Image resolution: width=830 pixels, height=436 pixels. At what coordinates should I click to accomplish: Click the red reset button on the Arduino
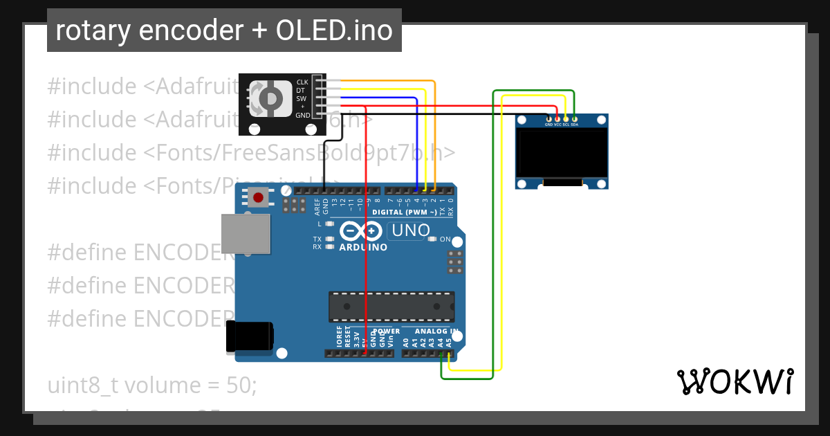pyautogui.click(x=259, y=198)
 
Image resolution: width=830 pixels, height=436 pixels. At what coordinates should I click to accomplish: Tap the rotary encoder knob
pyautogui.click(x=271, y=99)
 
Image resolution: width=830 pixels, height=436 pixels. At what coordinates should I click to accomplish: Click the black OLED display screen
pyautogui.click(x=561, y=152)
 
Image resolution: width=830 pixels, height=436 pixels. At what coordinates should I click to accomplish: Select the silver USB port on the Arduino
pyautogui.click(x=246, y=233)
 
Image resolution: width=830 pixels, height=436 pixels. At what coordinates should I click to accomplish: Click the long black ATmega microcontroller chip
pyautogui.click(x=391, y=307)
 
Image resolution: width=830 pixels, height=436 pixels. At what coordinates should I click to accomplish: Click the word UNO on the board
pyautogui.click(x=411, y=230)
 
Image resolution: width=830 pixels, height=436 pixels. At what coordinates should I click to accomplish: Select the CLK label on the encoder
pyautogui.click(x=302, y=82)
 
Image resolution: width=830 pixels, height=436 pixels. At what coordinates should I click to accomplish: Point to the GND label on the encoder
pyautogui.click(x=303, y=115)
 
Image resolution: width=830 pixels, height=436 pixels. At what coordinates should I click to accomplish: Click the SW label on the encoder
pyautogui.click(x=302, y=99)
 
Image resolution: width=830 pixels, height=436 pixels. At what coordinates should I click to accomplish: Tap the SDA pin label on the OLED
pyautogui.click(x=575, y=125)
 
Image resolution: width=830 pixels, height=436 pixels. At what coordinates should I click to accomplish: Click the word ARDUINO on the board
pyautogui.click(x=363, y=247)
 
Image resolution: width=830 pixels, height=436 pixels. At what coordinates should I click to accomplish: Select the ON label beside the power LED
pyautogui.click(x=445, y=239)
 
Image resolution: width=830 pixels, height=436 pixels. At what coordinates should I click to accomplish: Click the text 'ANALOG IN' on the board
pyautogui.click(x=436, y=331)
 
